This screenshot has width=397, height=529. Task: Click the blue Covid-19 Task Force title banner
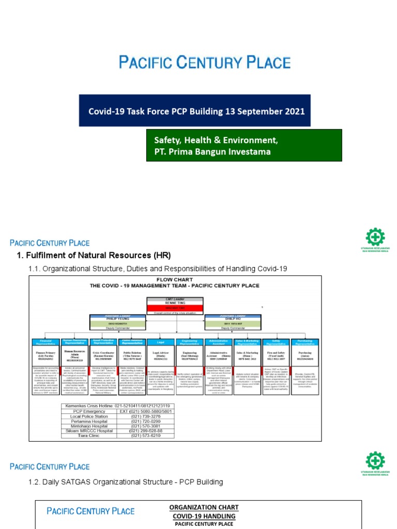(x=194, y=111)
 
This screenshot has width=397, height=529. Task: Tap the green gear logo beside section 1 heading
(x=375, y=238)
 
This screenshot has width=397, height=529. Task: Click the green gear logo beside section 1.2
(x=375, y=461)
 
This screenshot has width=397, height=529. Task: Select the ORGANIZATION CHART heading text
(x=204, y=507)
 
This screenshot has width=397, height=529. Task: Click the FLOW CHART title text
(x=175, y=279)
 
